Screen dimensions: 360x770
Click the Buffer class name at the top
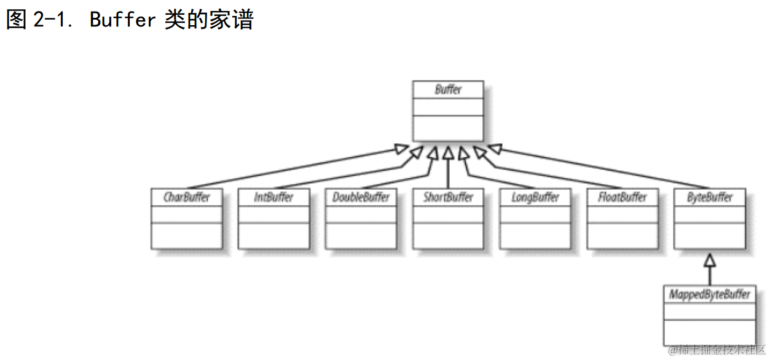click(448, 90)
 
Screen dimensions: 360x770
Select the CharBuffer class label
click(186, 197)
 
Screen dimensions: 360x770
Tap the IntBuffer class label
click(273, 197)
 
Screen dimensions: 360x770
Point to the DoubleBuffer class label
click(361, 197)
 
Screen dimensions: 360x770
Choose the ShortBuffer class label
click(448, 197)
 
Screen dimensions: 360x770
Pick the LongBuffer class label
click(535, 197)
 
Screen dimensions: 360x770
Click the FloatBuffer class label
click(623, 197)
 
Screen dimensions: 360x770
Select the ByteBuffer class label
click(710, 197)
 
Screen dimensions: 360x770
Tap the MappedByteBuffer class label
click(710, 294)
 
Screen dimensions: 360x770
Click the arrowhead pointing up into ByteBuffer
click(710, 260)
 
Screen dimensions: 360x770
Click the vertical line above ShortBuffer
click(448, 175)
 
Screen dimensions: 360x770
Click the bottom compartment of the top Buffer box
click(448, 127)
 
